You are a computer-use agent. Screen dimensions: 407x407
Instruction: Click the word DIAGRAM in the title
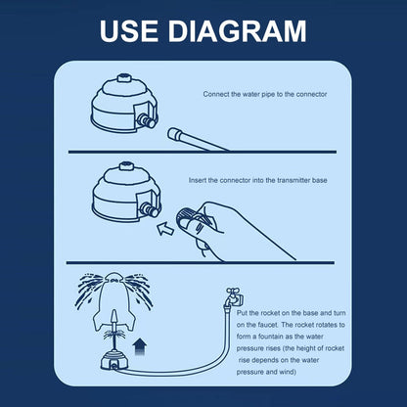click(237, 31)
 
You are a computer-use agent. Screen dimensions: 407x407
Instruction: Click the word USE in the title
click(129, 31)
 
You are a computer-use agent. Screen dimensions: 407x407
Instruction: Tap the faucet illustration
click(234, 296)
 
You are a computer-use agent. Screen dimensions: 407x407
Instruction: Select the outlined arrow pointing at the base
click(165, 227)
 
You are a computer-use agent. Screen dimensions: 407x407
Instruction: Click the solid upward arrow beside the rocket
click(140, 347)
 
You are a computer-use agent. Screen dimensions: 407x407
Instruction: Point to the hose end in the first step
click(175, 133)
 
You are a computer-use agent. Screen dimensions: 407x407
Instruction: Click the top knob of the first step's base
click(124, 78)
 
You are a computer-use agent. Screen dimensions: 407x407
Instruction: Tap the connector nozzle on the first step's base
click(147, 120)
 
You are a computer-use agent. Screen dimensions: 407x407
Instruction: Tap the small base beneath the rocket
click(113, 360)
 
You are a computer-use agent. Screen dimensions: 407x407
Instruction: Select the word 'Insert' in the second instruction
click(197, 180)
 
